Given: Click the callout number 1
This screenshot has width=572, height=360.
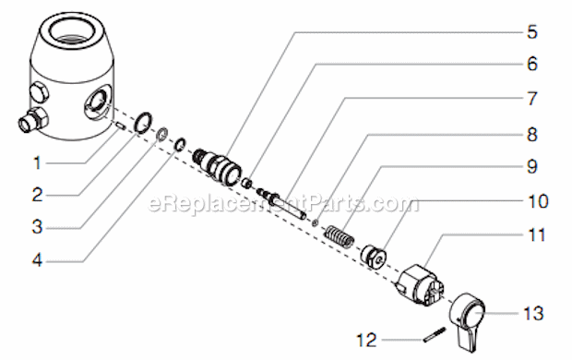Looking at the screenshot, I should [x=38, y=163].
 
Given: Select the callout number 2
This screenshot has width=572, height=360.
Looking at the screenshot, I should [x=38, y=195].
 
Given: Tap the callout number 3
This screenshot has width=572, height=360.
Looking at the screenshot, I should [x=38, y=226].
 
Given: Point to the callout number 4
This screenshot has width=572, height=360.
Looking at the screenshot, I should [x=38, y=260].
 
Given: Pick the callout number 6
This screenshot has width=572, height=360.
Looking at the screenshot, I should [x=532, y=65].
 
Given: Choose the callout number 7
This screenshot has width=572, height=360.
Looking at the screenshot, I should [x=532, y=98].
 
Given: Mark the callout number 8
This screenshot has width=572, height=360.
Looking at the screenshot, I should [x=532, y=134].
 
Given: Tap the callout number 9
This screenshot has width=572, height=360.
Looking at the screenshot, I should [x=532, y=167].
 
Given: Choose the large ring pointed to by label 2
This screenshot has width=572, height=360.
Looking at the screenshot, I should [x=144, y=123].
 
